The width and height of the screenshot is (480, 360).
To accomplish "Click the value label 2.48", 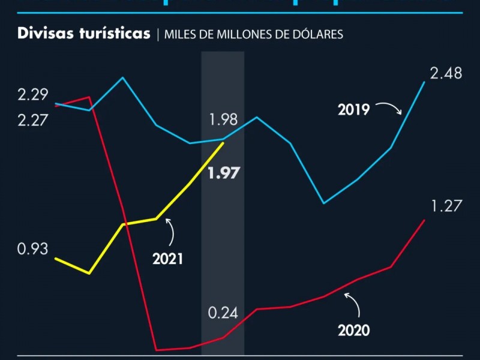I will [x=446, y=73].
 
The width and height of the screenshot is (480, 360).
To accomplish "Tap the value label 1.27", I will [x=446, y=206].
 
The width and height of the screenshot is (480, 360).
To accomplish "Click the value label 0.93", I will [x=33, y=248].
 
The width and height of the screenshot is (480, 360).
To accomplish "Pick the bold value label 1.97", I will [x=223, y=174].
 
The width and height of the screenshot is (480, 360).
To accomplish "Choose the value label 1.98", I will [x=223, y=119].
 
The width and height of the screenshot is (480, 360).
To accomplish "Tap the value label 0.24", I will [x=223, y=313].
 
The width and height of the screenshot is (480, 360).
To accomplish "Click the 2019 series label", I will [x=353, y=110].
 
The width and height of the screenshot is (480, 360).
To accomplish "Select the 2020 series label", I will [x=353, y=330].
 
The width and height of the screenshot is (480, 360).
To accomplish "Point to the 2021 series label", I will [x=167, y=259].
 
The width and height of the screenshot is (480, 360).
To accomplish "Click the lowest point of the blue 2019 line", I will [x=324, y=203].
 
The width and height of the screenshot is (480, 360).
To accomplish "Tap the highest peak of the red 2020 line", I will [x=89, y=97].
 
